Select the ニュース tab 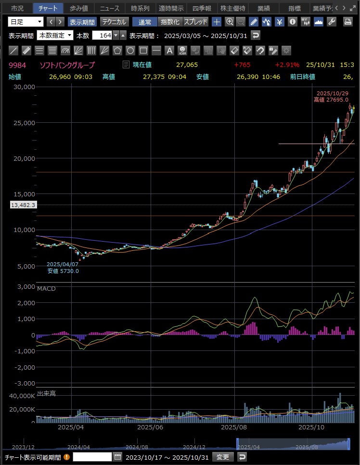[109, 8]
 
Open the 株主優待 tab [232, 8]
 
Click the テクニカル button [114, 22]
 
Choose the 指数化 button [170, 22]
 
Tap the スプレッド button [195, 22]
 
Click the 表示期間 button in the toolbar [82, 22]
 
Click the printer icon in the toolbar [347, 22]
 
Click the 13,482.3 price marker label [23, 205]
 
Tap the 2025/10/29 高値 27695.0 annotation [332, 96]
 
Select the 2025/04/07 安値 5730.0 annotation [63, 268]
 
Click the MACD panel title [46, 289]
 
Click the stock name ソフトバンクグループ [67, 65]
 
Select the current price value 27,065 [187, 65]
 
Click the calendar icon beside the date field [117, 457]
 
